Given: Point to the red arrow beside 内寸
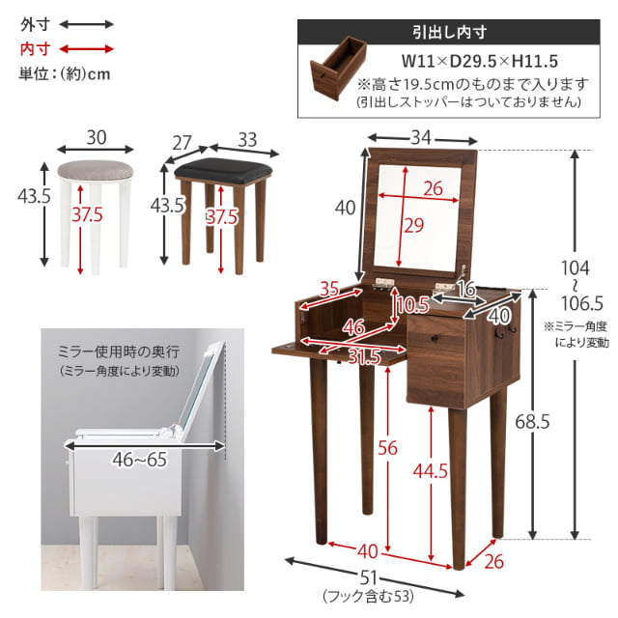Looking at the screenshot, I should (87, 47).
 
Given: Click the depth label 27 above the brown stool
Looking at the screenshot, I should (183, 140).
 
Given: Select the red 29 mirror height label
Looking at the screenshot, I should (412, 227).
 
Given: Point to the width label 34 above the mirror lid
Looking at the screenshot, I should (420, 138).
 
